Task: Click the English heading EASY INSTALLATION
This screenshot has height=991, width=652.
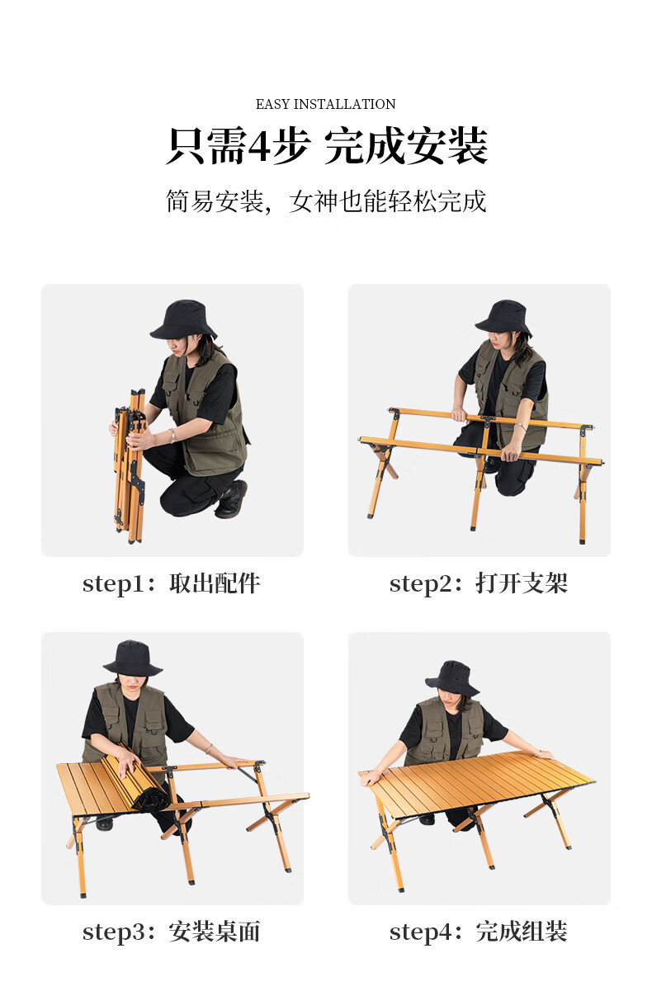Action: [x=325, y=105]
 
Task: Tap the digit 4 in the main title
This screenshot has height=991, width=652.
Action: [x=259, y=145]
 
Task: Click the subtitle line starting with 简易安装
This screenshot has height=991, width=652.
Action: [x=326, y=201]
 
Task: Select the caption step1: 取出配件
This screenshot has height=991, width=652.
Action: [x=172, y=583]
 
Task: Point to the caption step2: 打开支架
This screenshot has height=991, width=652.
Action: [x=479, y=583]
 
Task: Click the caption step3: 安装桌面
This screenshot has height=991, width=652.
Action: [x=172, y=932]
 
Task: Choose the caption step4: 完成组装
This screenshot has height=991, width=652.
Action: [x=479, y=932]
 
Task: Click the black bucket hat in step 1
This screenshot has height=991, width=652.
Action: [x=183, y=320]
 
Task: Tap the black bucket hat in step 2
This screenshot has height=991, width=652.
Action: [x=503, y=318]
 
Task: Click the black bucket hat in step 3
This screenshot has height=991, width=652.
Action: [x=133, y=658]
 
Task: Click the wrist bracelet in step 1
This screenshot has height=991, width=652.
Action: [x=172, y=436]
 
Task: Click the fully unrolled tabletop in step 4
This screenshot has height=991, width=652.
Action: [x=478, y=781]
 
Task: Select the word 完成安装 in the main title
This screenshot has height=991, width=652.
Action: [x=406, y=146]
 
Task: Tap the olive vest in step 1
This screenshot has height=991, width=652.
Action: [x=204, y=413]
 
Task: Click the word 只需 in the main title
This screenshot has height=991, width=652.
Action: [x=206, y=146]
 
